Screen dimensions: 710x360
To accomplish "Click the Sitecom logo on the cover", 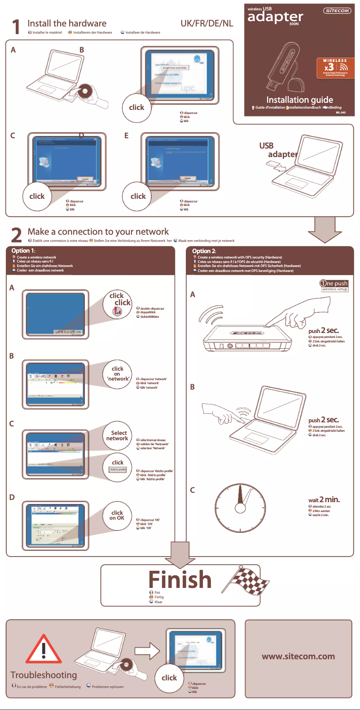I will (337, 10).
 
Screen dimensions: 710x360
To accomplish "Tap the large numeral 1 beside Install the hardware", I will (16, 27).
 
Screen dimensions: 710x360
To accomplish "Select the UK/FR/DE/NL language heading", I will (207, 23).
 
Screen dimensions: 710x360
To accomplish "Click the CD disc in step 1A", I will (83, 92).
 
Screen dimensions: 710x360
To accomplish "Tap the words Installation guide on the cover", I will (299, 100).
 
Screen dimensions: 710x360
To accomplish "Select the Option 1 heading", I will (23, 250).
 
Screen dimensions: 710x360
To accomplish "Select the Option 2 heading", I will (204, 251).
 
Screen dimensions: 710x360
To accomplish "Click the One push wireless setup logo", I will (334, 285).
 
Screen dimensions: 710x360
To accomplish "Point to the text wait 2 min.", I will (324, 500).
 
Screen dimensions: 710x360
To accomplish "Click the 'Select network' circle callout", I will (117, 435).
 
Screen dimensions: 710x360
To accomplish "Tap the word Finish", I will (180, 579).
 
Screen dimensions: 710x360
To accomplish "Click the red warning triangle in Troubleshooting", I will (44, 650).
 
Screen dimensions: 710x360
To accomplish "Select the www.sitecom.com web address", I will (298, 656).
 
